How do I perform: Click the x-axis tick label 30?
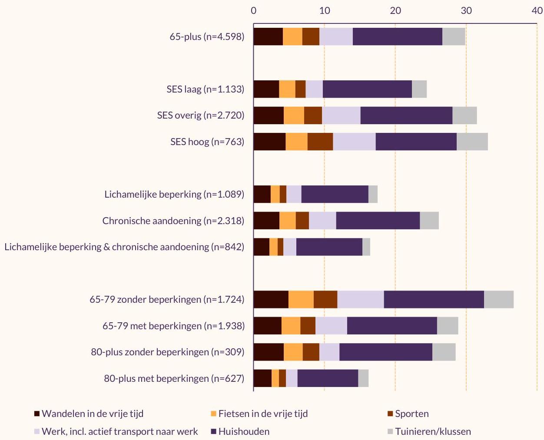click(466, 11)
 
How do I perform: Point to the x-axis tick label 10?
click(324, 11)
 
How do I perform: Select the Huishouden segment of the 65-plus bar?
click(398, 36)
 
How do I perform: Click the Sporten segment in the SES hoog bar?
click(320, 142)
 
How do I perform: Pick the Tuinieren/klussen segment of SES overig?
click(464, 116)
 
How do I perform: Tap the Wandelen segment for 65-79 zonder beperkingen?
click(271, 299)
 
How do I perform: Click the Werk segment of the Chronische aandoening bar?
click(322, 221)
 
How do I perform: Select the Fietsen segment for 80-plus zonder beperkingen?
click(293, 352)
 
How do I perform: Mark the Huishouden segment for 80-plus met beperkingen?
click(328, 378)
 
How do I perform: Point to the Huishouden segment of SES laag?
click(367, 89)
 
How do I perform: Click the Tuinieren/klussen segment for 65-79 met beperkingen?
click(448, 326)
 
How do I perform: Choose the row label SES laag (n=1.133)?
click(206, 89)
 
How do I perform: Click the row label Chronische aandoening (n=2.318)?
click(173, 221)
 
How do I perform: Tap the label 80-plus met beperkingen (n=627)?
click(174, 378)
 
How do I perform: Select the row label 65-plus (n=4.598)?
click(207, 37)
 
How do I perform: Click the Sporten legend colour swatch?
click(390, 414)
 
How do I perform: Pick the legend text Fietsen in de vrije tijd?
click(263, 414)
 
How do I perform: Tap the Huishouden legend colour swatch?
click(214, 432)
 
